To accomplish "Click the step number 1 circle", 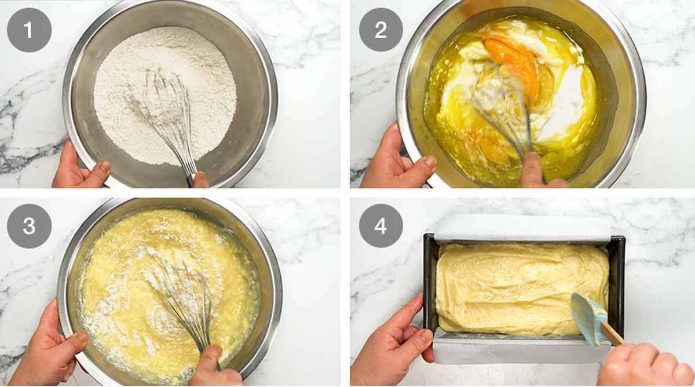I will coord(29,30).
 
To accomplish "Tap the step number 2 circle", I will coord(381,30).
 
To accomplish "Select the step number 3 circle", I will coord(29,226).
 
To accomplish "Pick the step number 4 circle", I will coord(381,226).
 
